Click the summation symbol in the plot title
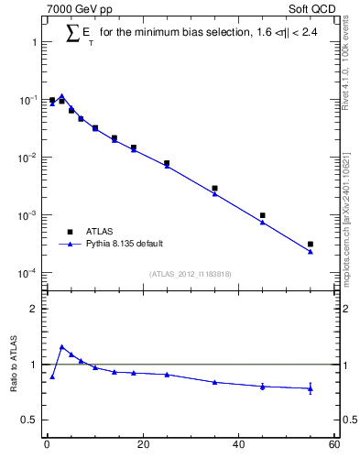pyautogui.click(x=73, y=33)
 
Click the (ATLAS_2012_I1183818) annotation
pyautogui.click(x=190, y=274)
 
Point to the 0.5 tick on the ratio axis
pyautogui.click(x=29, y=420)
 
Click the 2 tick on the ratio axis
pyautogui.click(x=33, y=309)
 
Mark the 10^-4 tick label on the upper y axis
pyautogui.click(x=27, y=273)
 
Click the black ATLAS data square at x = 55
pyautogui.click(x=311, y=245)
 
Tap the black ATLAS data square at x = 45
pyautogui.click(x=263, y=215)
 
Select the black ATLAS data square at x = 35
pyautogui.click(x=214, y=188)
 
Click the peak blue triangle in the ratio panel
pyautogui.click(x=61, y=347)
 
